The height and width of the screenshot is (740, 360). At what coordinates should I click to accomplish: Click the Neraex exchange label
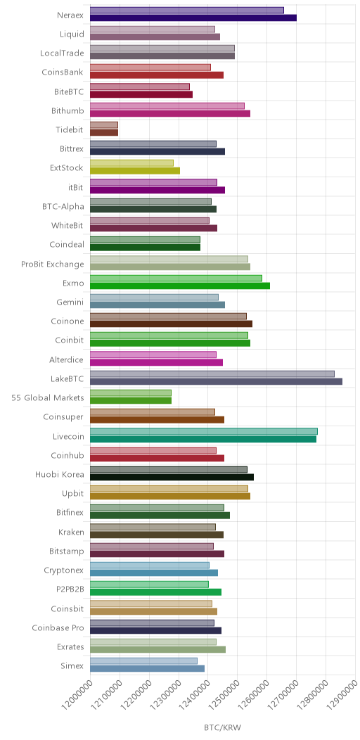pyautogui.click(x=70, y=15)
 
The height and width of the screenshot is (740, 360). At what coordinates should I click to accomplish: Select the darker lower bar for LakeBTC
pyautogui.click(x=216, y=381)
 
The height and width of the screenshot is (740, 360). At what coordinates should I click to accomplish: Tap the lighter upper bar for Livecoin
pyautogui.click(x=203, y=431)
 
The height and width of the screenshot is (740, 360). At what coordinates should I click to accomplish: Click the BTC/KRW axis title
pyautogui.click(x=222, y=727)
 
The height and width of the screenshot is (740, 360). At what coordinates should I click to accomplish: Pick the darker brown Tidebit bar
pyautogui.click(x=104, y=132)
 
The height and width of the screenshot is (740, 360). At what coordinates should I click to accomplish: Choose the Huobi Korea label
pyautogui.click(x=60, y=475)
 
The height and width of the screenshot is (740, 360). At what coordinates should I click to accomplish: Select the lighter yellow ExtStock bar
pyautogui.click(x=131, y=162)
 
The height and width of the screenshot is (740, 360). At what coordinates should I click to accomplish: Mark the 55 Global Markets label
pyautogui.click(x=48, y=398)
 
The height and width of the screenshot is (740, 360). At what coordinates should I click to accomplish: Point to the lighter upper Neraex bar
pyautogui.click(x=187, y=11)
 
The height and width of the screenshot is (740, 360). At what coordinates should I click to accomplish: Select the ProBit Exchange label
pyautogui.click(x=52, y=264)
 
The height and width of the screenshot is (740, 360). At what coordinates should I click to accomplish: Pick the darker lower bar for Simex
pyautogui.click(x=147, y=668)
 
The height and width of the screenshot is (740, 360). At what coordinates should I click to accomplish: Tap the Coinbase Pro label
pyautogui.click(x=58, y=628)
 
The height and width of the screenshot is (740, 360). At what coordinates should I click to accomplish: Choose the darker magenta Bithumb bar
pyautogui.click(x=170, y=113)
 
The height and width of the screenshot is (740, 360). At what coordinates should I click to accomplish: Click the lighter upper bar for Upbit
pyautogui.click(x=169, y=489)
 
